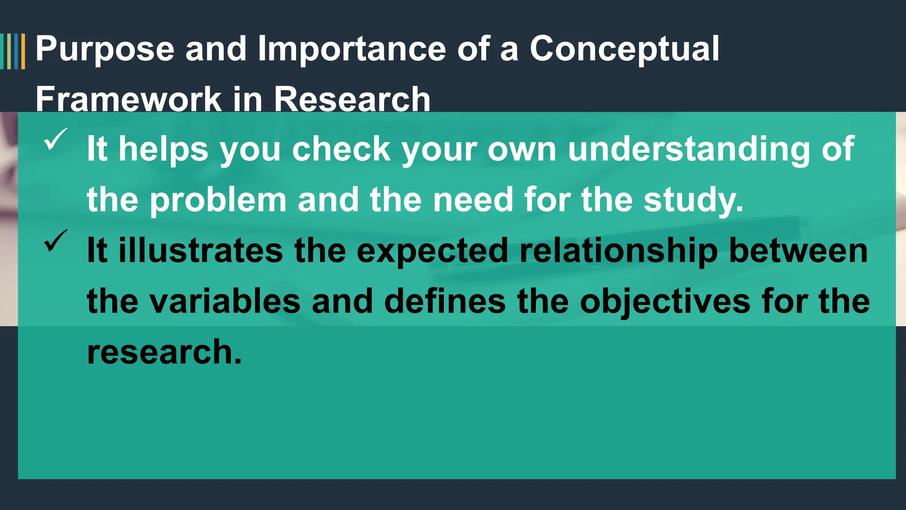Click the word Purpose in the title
pyautogui.click(x=105, y=50)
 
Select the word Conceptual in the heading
pyautogui.click(x=624, y=50)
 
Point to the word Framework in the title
pyautogui.click(x=128, y=99)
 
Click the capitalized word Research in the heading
pyautogui.click(x=352, y=99)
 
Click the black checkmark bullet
pyautogui.click(x=55, y=241)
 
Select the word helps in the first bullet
pyautogui.click(x=163, y=149)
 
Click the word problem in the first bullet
pyautogui.click(x=218, y=200)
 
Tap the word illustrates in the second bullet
pyautogui.click(x=201, y=251)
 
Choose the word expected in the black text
pyautogui.click(x=432, y=251)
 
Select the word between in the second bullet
pyautogui.click(x=798, y=251)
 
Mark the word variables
pyautogui.click(x=225, y=302)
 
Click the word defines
pyautogui.click(x=445, y=302)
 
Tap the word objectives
pyautogui.click(x=665, y=302)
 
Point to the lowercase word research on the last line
pyautogui.click(x=164, y=352)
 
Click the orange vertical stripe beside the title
pyautogui.click(x=23, y=51)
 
